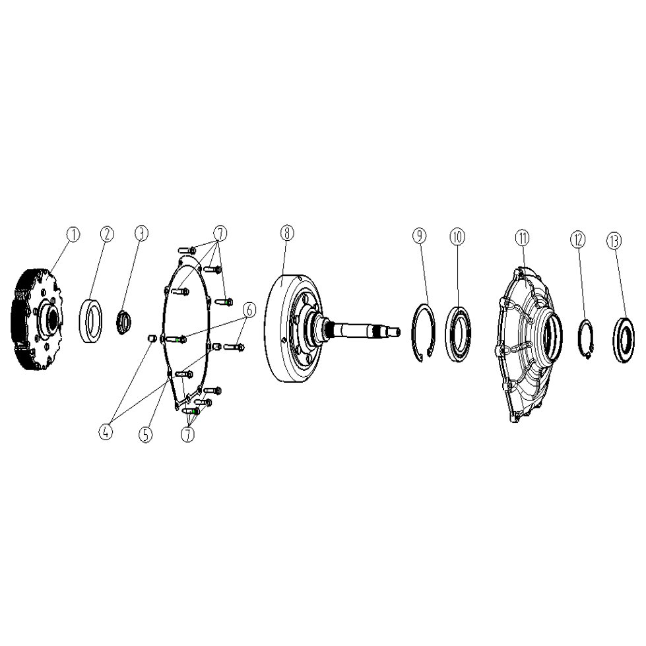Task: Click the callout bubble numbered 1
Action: (73, 234)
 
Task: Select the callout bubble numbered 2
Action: (107, 234)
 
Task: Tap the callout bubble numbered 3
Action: (141, 233)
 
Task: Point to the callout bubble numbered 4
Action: (106, 432)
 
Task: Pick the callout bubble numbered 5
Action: (145, 434)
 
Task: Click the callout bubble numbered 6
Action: (249, 310)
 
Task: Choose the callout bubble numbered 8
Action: (287, 233)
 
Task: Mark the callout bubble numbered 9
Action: (420, 236)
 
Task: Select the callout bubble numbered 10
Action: (457, 236)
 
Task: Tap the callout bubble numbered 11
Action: (523, 238)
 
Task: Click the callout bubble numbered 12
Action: (577, 240)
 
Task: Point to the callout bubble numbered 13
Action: (614, 241)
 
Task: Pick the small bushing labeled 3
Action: (123, 324)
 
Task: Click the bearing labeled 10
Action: (447, 334)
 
